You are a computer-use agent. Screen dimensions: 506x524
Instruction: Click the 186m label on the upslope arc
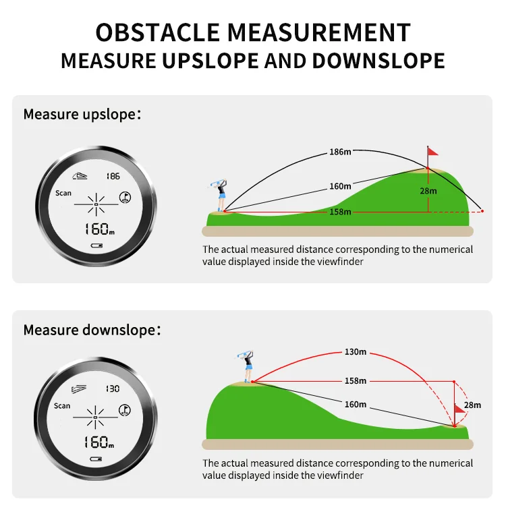340,152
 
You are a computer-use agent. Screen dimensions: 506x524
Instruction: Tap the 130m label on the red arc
355,351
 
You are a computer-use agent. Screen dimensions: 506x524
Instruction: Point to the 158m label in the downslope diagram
355,380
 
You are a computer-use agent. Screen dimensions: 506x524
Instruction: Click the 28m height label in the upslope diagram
428,191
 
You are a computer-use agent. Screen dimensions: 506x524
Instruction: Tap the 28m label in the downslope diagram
472,405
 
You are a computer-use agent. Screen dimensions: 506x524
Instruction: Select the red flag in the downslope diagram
459,409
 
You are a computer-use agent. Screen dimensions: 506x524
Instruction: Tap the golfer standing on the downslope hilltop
247,366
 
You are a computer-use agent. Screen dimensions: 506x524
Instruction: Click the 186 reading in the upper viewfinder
113,176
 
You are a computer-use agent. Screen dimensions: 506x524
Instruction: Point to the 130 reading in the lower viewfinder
113,388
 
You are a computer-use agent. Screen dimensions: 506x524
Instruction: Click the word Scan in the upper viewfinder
63,193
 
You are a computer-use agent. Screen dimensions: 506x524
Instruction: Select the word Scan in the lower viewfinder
62,405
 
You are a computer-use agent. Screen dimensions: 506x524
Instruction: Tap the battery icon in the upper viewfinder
96,245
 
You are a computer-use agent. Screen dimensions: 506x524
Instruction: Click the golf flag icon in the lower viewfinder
124,409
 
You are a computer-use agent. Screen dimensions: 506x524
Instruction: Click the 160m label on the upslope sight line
340,186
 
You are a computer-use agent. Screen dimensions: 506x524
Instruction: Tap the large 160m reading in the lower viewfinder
99,442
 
